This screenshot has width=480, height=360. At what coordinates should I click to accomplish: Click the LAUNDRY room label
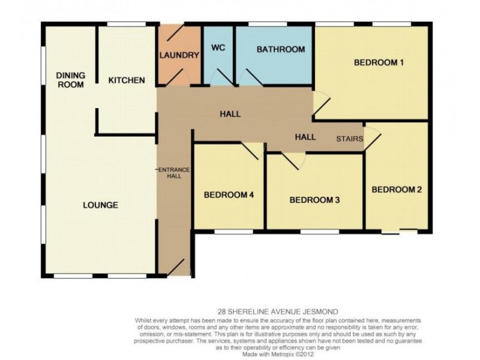coord(179,55)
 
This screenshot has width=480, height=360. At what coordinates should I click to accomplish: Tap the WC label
coord(218,48)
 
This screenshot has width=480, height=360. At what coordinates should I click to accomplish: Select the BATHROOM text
coord(281,49)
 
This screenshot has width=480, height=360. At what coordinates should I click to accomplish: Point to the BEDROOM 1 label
coord(379,62)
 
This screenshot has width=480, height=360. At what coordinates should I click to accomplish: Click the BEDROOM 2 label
coord(397,190)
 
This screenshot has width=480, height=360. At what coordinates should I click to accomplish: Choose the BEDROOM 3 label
coord(314,200)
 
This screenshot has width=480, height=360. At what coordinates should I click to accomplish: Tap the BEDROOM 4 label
coord(229,195)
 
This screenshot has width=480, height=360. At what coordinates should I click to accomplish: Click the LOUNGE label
coord(100,205)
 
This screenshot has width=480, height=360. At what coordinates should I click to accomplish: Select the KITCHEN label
coord(127,80)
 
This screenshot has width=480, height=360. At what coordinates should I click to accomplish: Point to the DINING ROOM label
coord(71,80)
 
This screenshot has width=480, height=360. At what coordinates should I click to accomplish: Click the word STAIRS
coord(350,139)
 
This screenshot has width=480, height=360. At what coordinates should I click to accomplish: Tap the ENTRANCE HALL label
coord(174,173)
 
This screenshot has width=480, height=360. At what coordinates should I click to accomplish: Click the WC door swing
coord(223,77)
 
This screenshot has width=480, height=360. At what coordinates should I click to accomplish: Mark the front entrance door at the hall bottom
coord(175,267)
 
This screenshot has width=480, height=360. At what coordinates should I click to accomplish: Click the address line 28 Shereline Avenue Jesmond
coord(278,312)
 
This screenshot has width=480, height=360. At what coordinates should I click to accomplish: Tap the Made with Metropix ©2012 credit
coord(278,355)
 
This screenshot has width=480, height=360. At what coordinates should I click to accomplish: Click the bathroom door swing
coord(251,77)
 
